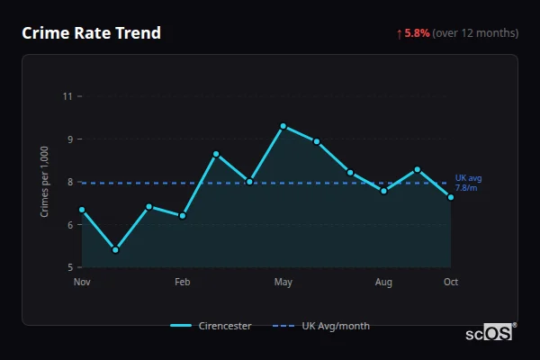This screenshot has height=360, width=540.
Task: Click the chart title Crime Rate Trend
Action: (x=91, y=33)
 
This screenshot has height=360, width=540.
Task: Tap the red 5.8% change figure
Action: (x=417, y=33)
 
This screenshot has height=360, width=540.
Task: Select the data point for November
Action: (x=82, y=210)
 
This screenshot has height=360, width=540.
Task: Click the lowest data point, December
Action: (x=115, y=250)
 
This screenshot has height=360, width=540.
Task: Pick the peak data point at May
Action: (x=283, y=126)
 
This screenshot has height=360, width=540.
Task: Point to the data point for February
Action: (x=183, y=216)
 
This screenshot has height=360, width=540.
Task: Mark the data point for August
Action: (x=383, y=191)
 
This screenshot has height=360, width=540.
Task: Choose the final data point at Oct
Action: (x=451, y=197)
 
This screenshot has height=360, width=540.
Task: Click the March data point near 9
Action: (x=216, y=154)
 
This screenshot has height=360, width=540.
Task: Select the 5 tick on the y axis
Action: (x=70, y=267)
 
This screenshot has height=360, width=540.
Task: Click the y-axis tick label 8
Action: (x=70, y=182)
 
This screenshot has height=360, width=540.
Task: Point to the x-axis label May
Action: (x=283, y=283)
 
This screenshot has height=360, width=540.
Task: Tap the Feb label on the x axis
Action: (x=183, y=283)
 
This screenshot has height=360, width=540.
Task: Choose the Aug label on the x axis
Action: (x=383, y=283)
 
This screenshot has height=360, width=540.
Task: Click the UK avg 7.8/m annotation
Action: (x=468, y=183)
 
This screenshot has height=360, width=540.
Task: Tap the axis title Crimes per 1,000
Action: (x=44, y=181)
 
